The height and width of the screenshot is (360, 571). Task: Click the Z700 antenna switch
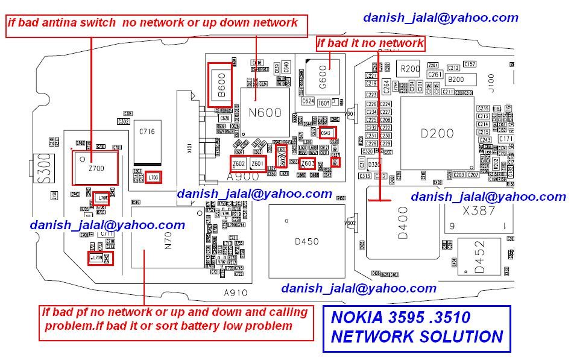95,168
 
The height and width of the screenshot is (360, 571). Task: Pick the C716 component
147,131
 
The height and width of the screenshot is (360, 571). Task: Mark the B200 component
456,79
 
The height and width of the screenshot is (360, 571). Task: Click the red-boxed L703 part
153,177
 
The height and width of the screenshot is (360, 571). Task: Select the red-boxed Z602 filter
239,164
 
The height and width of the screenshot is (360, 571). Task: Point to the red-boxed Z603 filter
307,163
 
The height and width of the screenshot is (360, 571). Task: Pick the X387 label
479,210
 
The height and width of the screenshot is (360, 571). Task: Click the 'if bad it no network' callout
370,43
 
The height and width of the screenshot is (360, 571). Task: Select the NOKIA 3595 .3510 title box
417,329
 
